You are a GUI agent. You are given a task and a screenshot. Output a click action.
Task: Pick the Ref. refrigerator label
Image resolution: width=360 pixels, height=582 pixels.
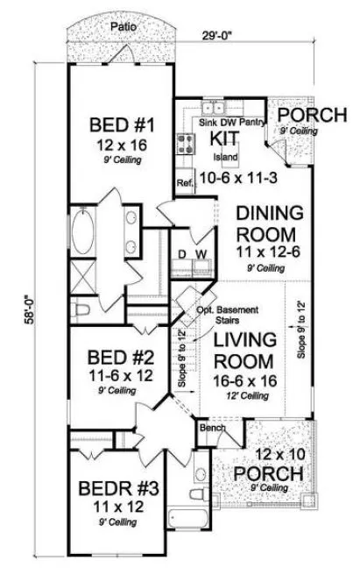coord(184,184)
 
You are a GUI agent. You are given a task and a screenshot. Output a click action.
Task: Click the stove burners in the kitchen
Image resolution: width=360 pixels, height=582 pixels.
coord(186,139)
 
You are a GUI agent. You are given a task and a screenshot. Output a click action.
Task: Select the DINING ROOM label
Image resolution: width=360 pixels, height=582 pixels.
coord(272,224)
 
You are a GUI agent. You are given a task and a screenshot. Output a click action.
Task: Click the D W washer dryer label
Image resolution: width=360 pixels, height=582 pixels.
coord(193,254)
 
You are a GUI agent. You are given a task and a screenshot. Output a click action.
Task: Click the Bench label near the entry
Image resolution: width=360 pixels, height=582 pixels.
coord(213,429)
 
